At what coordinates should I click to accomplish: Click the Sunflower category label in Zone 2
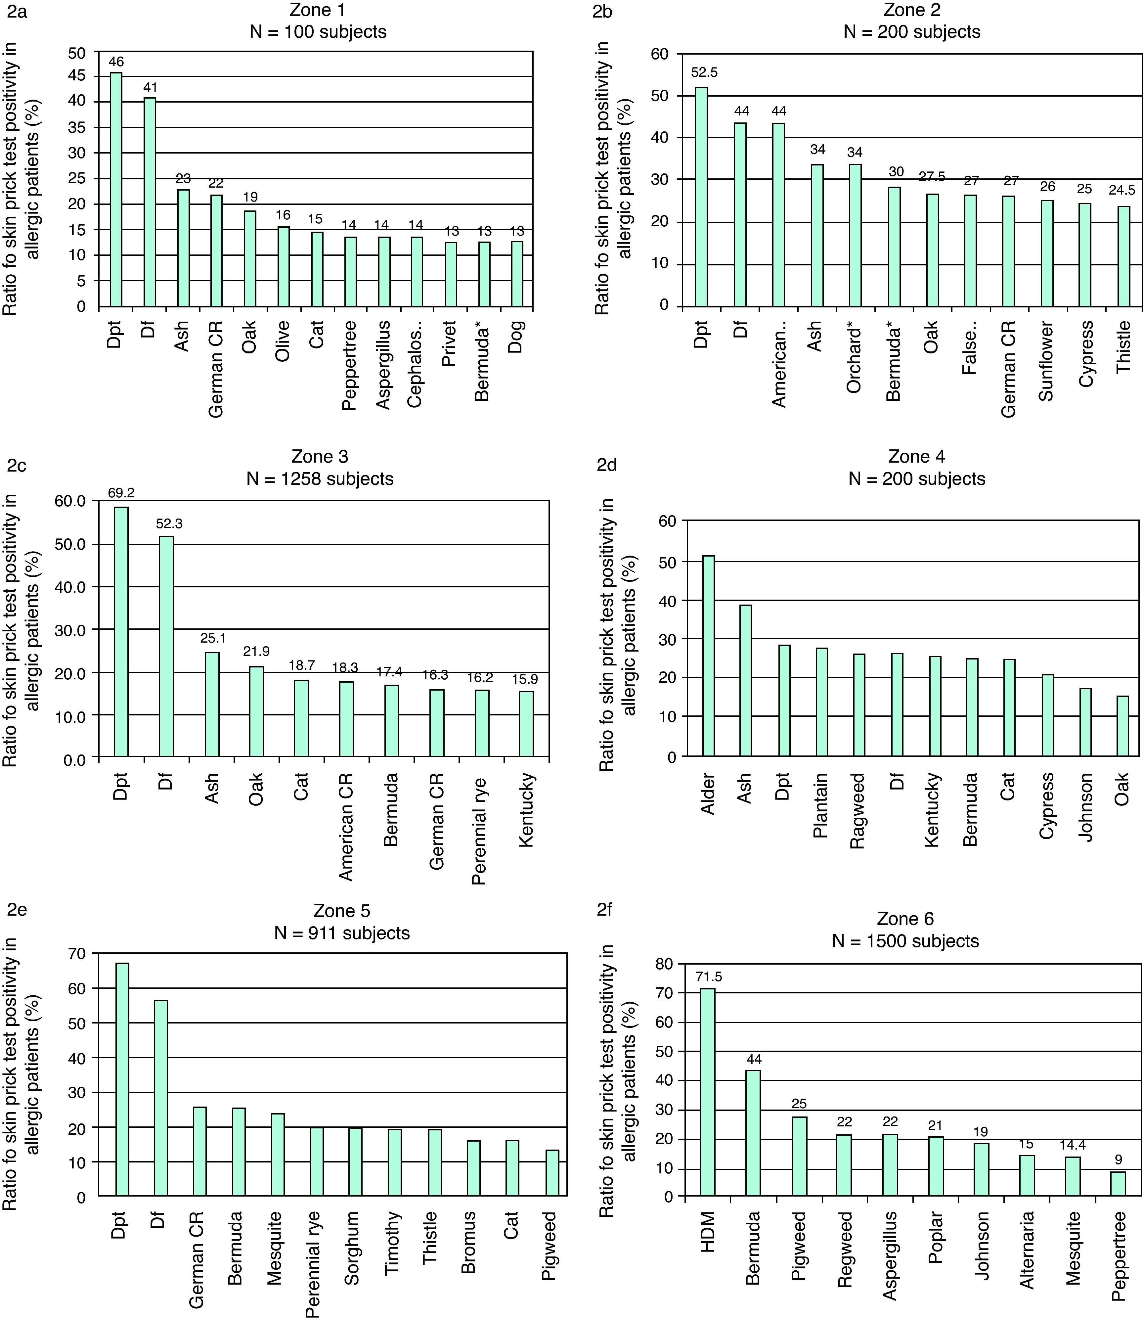(1046, 361)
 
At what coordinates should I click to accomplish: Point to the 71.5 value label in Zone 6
(709, 976)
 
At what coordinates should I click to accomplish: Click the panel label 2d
(606, 465)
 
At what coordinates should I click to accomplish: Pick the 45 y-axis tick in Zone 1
(77, 77)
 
